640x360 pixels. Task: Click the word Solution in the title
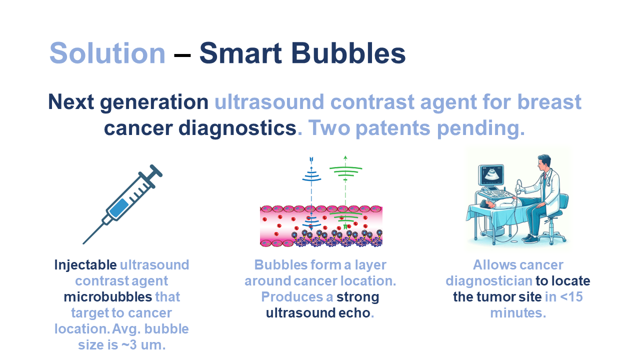pos(107,53)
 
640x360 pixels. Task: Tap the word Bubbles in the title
pos(348,53)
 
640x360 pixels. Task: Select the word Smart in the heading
pos(240,53)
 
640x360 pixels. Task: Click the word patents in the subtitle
pos(393,127)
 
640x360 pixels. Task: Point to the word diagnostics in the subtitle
pos(237,128)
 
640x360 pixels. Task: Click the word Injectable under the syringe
pos(85,265)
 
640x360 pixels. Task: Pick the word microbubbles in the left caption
pos(107,297)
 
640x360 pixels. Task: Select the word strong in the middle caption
pos(357,297)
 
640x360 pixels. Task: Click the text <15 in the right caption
pos(571,297)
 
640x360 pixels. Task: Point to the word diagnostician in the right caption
pos(488,281)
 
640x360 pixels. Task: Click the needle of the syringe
pos(93,233)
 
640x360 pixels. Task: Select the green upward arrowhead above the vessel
pos(345,157)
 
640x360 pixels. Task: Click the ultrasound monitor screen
pos(491,175)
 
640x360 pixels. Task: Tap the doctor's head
pos(543,162)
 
